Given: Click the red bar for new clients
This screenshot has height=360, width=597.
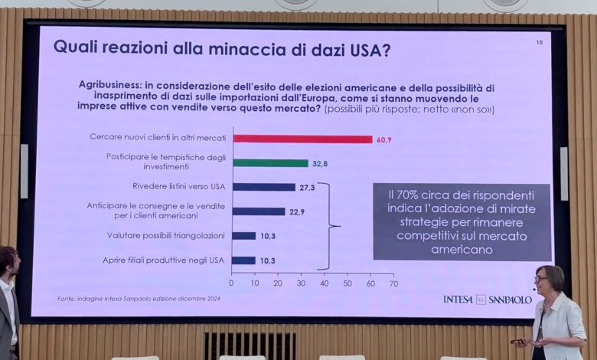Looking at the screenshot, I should point(302,139).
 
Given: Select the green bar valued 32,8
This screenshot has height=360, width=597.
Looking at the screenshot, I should point(270,163).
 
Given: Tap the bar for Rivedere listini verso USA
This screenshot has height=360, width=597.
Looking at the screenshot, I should point(264,187).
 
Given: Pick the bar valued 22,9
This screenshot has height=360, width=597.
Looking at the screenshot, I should point(259,211).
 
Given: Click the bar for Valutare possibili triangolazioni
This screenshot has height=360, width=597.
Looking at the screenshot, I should point(244,236).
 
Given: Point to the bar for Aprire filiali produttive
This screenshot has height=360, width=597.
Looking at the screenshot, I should point(244,260).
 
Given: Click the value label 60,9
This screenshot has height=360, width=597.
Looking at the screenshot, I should point(384,139).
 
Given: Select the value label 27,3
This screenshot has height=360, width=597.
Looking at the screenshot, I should point(306,187).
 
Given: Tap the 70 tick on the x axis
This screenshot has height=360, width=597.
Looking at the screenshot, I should point(393,283).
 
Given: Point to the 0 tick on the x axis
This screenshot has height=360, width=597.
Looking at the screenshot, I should point(232,283).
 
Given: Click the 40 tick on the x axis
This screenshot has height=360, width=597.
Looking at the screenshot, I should point(325,283).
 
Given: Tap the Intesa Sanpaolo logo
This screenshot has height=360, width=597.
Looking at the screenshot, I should point(487,299).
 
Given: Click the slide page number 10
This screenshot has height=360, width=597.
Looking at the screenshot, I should point(539,43).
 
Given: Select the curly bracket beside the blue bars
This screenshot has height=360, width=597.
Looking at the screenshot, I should point(329,226).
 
